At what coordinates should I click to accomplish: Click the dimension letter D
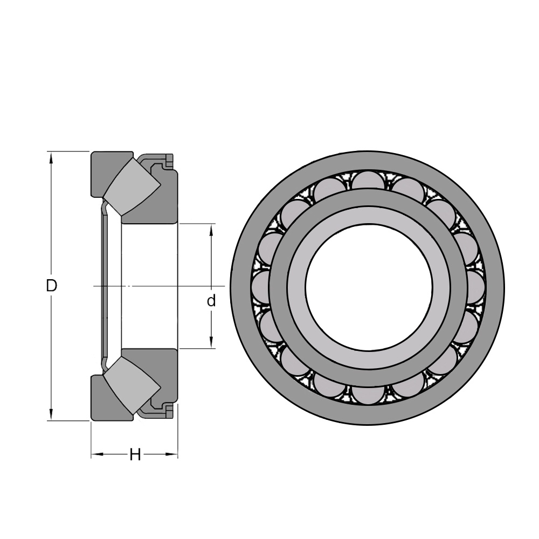pos(51,285)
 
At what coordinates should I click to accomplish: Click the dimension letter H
pos(135,455)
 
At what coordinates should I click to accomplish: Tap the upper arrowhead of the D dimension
pos(51,158)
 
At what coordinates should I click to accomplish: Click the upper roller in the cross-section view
pos(132,187)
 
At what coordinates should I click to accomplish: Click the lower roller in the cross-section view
pos(132,385)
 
